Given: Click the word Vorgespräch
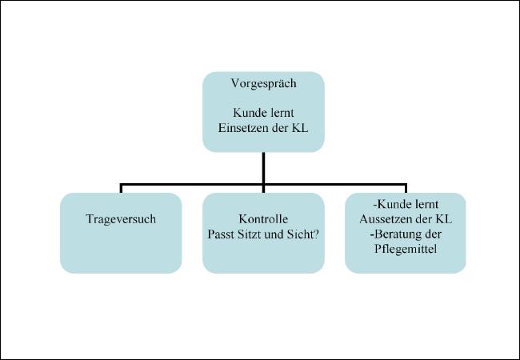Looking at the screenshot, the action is (264, 84).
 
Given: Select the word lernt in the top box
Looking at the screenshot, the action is (282, 113).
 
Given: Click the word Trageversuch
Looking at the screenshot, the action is (121, 219).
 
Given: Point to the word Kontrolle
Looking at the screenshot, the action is (263, 218).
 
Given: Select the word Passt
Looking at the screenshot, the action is (221, 234).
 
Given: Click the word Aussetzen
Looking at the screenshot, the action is (386, 218).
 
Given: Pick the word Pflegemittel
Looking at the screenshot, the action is (406, 250).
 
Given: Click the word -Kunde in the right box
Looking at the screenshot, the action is (390, 204).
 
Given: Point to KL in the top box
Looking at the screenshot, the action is (300, 128).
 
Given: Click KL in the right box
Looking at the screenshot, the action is (443, 218).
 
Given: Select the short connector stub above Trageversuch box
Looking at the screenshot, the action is (121, 189).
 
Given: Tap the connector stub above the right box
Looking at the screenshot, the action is (406, 189).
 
